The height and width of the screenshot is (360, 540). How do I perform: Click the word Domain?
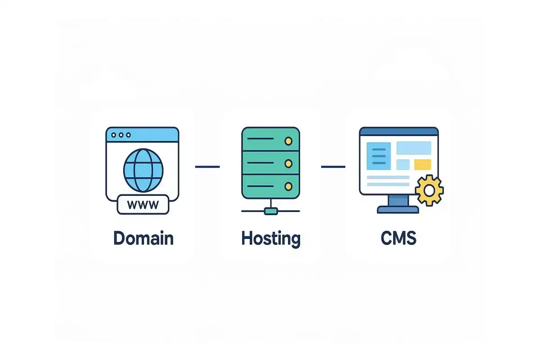(x=143, y=238)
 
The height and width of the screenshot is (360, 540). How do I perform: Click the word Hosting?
(x=270, y=238)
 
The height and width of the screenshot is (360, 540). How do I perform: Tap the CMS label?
(x=398, y=238)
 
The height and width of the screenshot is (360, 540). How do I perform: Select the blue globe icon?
(x=143, y=169)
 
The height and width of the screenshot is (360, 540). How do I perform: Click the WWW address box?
(x=143, y=205)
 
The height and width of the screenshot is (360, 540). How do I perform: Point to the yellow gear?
(x=429, y=190)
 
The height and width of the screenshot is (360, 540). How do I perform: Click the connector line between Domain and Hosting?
(x=207, y=166)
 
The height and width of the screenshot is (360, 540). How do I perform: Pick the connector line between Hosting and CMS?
(x=333, y=166)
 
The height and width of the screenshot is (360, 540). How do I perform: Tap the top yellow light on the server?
(x=288, y=141)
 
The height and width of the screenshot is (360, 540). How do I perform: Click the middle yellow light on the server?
(x=288, y=163)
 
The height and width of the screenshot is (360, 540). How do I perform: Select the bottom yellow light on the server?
(x=288, y=185)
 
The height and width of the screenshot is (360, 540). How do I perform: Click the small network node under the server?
(x=270, y=211)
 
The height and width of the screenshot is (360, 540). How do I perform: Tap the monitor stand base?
(x=397, y=210)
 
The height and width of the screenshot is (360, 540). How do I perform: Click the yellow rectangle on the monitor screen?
(x=422, y=164)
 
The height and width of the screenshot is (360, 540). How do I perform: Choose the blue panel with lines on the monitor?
(x=379, y=156)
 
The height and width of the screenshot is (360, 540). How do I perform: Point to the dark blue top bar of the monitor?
(x=398, y=131)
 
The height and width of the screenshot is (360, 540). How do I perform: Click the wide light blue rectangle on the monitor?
(x=414, y=148)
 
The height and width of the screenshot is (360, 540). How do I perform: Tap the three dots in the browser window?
(x=121, y=135)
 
